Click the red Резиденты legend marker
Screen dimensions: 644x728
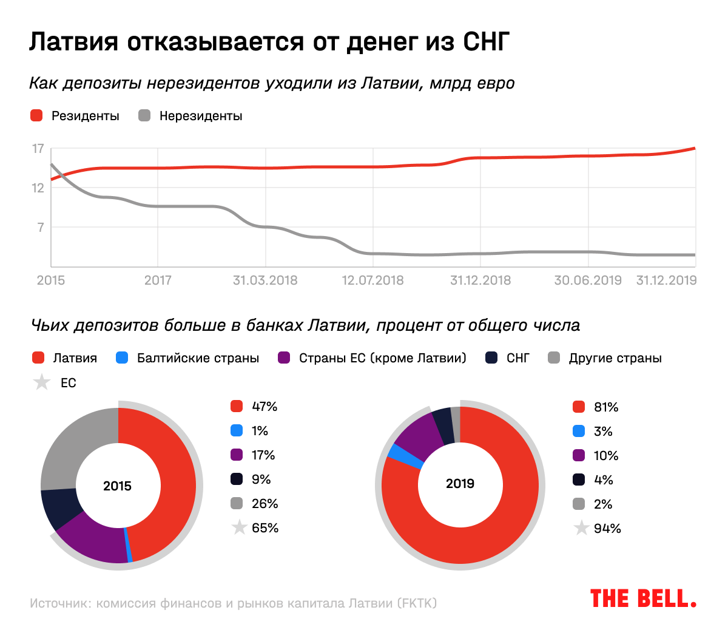(36, 115)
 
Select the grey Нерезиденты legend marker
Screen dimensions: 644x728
(144, 115)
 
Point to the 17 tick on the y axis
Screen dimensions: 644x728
(38, 149)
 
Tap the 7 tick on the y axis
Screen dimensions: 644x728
(41, 227)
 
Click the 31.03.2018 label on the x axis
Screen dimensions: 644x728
(265, 280)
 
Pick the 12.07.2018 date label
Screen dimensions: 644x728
(372, 280)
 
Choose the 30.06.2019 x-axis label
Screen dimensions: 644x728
(588, 280)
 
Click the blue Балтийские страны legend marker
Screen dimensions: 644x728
(122, 358)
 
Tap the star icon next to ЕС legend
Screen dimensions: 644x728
(42, 382)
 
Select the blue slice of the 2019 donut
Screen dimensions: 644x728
(398, 456)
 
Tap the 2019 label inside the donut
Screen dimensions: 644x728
(460, 484)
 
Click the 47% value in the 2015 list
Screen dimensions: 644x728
(265, 407)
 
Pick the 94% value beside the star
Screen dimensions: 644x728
(607, 529)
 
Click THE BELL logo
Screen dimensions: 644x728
(643, 598)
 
